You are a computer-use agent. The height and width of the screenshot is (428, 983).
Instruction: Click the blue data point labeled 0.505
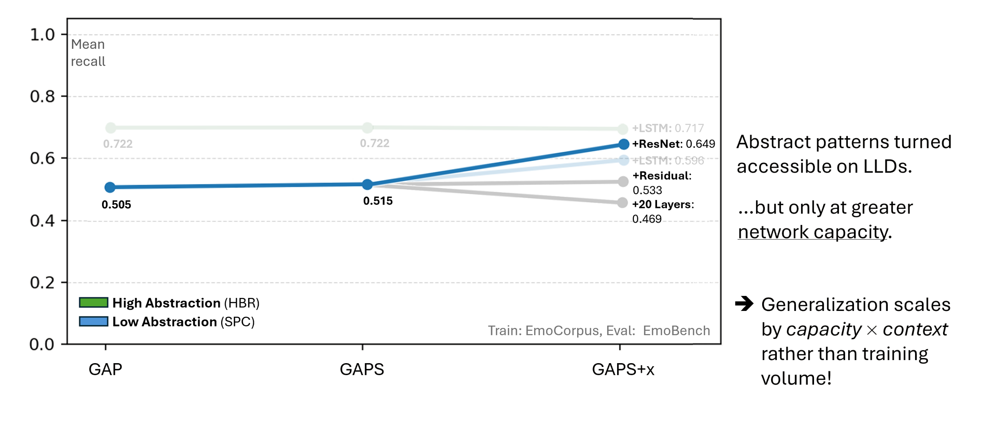pos(110,187)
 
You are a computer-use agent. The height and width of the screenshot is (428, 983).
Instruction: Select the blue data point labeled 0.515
pos(367,185)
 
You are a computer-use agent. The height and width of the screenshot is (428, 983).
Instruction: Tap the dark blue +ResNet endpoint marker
pos(624,144)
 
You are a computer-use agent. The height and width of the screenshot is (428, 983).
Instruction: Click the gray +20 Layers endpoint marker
pos(623,203)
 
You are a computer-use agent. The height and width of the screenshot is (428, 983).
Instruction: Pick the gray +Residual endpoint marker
pos(623,182)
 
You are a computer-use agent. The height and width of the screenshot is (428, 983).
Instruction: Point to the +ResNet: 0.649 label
pos(674,144)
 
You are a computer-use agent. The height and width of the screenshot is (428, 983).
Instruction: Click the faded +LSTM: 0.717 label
pos(668,128)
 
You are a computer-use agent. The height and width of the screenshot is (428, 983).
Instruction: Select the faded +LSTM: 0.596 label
pos(668,160)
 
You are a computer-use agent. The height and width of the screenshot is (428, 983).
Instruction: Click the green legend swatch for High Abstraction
pos(93,302)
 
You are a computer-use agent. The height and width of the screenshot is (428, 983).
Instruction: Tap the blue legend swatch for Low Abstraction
pos(93,321)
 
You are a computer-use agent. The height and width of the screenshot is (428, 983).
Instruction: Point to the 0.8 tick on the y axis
pos(43,96)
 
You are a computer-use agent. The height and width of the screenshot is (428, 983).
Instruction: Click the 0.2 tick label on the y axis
pos(43,283)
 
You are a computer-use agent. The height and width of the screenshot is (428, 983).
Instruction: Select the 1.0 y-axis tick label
pos(43,35)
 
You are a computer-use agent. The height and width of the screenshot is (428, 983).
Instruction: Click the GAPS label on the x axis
pos(362,369)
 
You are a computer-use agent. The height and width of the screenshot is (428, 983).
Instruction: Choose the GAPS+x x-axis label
pos(623,369)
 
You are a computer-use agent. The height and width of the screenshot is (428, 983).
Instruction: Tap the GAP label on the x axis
pos(106,369)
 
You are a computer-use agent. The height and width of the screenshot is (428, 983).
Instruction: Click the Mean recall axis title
pos(88,53)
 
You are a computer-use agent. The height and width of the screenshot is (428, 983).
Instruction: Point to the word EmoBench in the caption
pos(677,331)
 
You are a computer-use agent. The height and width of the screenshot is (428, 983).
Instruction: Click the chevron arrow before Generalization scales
pos(746,304)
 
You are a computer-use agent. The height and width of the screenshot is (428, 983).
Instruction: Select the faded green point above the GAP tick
pos(111,128)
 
